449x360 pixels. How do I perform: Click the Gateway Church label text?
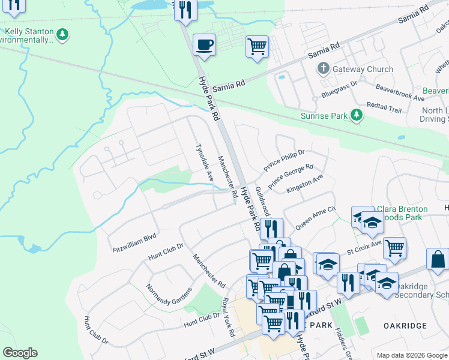[x=363, y=69]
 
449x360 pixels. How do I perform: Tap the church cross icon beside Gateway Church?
[x=323, y=68]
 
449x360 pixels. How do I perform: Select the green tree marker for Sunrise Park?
[x=357, y=115]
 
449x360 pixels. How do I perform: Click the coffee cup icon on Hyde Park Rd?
[x=205, y=44]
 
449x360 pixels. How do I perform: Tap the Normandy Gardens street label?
[x=169, y=304]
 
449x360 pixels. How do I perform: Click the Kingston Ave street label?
[x=305, y=184]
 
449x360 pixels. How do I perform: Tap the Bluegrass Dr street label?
[x=339, y=90]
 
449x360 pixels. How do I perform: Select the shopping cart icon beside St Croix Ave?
[x=394, y=246]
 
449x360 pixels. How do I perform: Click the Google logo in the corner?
[x=20, y=353]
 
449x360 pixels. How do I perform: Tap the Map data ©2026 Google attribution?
[x=412, y=355]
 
